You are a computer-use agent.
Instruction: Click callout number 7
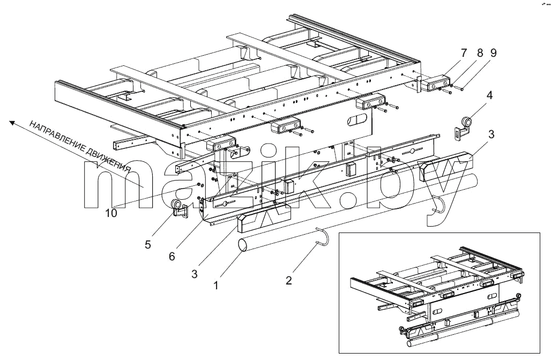[464, 53]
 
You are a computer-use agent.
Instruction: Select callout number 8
[480, 53]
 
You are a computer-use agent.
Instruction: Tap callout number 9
[493, 53]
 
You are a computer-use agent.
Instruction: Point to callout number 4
[489, 95]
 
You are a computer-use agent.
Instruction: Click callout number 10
[111, 213]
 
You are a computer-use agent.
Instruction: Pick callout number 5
[148, 244]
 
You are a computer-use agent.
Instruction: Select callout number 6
[172, 257]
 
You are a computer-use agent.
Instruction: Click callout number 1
[216, 286]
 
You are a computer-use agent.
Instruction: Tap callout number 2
[288, 280]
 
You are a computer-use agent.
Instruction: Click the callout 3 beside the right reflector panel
[492, 134]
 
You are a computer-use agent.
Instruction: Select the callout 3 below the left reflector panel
[195, 274]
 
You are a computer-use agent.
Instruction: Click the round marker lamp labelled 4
[466, 122]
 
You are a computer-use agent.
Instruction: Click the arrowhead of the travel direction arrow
[12, 123]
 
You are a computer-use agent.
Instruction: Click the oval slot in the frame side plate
[356, 120]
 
